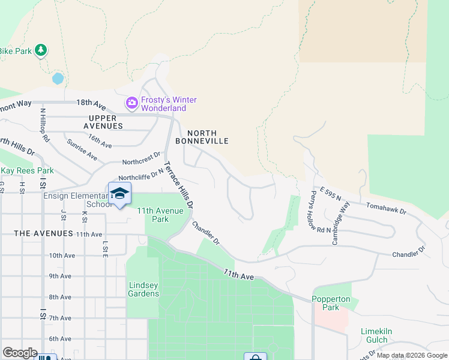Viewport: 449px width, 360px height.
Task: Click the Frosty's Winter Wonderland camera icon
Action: pos(131,104)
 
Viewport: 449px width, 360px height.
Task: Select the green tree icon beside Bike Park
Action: pos(41,50)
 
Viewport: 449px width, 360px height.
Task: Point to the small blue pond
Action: pos(58,79)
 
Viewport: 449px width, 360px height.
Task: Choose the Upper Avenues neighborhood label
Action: pos(97,122)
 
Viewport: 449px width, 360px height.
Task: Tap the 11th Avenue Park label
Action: pos(161,215)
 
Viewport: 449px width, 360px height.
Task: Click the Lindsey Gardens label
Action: pos(144,289)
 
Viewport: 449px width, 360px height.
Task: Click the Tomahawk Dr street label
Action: pos(387,212)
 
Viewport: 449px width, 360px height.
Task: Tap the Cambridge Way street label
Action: pos(340,223)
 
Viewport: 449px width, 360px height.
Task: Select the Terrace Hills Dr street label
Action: pos(178,184)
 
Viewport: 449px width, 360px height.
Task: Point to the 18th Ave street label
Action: pos(91,103)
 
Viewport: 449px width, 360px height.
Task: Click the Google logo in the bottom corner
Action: pos(20,352)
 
